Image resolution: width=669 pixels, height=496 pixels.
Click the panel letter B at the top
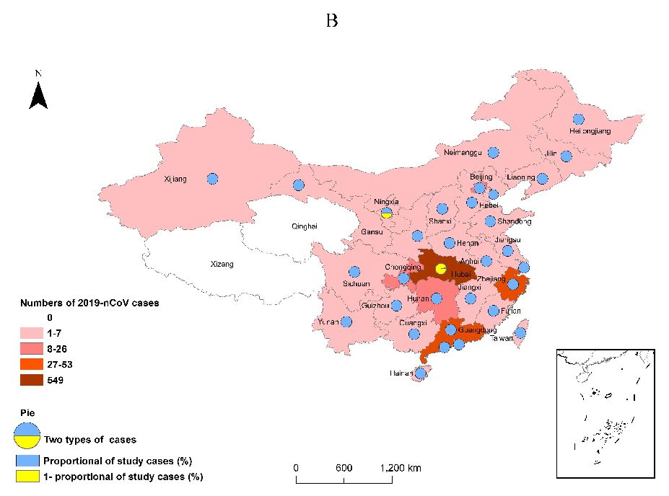point(332,20)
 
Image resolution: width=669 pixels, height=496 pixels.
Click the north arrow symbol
point(38,91)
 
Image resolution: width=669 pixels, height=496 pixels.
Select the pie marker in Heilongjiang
point(578,120)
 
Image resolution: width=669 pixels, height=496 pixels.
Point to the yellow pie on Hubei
point(441,269)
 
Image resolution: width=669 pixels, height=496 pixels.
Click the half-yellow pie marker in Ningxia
point(387,212)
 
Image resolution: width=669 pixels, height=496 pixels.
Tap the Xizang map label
point(222,265)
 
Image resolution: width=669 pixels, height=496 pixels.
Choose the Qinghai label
point(304,226)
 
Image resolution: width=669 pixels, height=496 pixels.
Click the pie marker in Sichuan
point(354,273)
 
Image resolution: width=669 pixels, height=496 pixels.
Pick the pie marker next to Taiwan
point(520,333)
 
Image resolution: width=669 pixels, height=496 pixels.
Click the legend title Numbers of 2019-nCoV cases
point(89,303)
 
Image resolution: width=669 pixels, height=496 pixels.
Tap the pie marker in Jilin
point(567,156)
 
